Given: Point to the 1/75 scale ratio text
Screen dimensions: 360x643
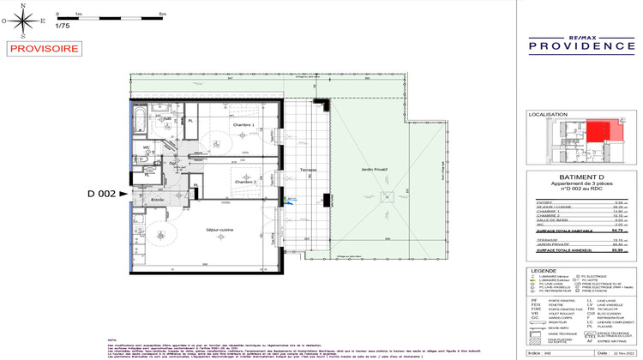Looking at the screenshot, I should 62,26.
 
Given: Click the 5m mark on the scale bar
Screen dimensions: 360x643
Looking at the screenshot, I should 162,15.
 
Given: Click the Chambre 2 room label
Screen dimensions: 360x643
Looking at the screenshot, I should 246,181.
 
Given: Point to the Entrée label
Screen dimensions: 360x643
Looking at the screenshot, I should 157,199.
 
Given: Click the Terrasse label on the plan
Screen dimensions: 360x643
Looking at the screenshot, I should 308,170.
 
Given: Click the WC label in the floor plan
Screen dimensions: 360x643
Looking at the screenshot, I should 147,147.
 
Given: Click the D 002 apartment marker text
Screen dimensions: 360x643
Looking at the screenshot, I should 100,195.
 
